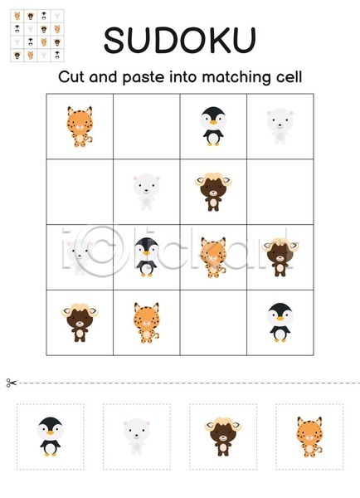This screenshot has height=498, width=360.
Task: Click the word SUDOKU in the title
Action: (x=180, y=41)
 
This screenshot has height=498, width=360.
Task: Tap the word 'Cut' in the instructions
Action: (x=71, y=77)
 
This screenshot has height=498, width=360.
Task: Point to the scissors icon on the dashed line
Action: (x=11, y=383)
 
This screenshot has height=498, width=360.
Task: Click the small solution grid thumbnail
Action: (x=37, y=36)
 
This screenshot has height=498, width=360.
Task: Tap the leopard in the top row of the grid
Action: (x=80, y=126)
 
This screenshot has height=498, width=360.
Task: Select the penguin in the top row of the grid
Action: (x=213, y=126)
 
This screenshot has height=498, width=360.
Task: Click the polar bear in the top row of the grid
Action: (x=280, y=126)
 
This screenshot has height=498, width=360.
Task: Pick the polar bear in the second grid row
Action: (x=146, y=192)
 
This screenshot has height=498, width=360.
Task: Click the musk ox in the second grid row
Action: (x=213, y=192)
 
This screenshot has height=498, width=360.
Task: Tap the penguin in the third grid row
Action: (x=146, y=257)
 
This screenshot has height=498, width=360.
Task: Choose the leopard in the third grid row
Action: (x=213, y=257)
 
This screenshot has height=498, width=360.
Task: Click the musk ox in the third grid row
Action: (x=280, y=257)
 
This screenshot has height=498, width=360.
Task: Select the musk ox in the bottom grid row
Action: (x=80, y=323)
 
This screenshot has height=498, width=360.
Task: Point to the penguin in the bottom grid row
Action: (x=280, y=322)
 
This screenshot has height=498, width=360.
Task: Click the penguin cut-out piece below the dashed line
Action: (x=50, y=437)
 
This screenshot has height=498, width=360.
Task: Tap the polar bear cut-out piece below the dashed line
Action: (x=137, y=437)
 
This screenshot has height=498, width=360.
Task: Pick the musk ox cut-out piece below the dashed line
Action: (x=223, y=437)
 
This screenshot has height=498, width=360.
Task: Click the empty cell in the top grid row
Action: (x=146, y=126)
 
